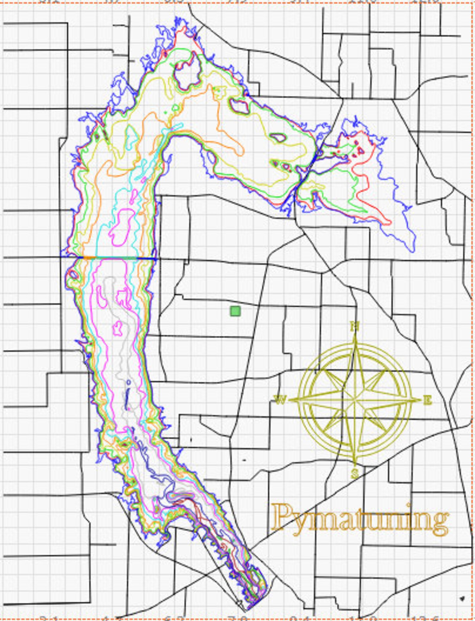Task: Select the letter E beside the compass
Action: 428,400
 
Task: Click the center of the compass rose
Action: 355,400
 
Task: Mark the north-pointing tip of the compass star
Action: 355,335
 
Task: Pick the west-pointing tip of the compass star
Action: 290,400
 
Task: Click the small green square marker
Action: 235,311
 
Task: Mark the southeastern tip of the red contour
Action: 389,222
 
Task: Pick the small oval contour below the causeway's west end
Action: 73,274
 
